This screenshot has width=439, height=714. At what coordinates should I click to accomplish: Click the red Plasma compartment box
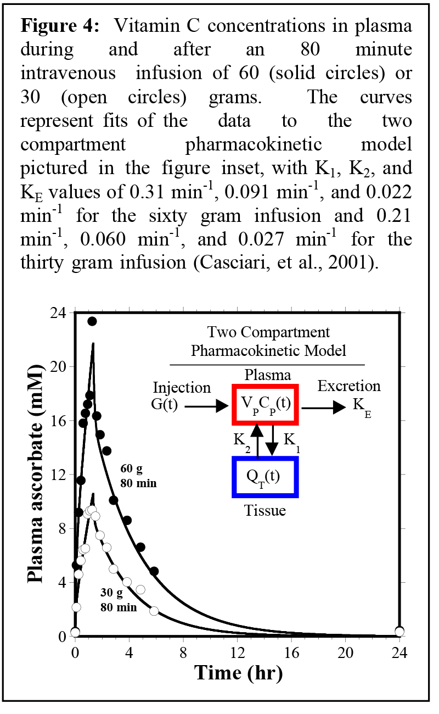coord(265,405)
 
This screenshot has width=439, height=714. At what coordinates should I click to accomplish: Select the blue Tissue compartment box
coord(265,477)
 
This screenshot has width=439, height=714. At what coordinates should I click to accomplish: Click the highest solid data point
coord(92,321)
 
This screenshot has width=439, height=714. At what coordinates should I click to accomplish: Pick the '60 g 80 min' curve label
coord(138,476)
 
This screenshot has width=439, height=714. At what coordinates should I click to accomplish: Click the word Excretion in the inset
coord(349,387)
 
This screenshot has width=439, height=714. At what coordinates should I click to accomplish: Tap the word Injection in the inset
coord(182,388)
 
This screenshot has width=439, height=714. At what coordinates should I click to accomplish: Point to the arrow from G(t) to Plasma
coord(206,406)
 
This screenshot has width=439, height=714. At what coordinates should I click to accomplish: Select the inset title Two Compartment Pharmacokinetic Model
coord(268,341)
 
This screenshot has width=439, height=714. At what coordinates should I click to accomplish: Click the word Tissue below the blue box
coord(266,511)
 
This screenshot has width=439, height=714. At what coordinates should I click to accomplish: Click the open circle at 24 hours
coord(399,632)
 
